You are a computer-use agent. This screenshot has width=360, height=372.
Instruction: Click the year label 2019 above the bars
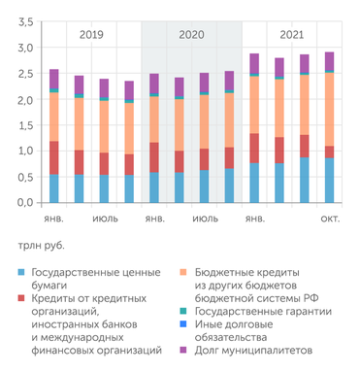click(92, 35)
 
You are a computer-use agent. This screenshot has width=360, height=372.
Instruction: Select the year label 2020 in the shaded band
click(192, 35)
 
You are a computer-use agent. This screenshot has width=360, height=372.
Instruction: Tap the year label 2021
click(292, 35)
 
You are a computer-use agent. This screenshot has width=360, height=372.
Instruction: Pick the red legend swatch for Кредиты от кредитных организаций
click(21, 299)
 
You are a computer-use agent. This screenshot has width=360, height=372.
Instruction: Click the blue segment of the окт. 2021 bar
click(330, 180)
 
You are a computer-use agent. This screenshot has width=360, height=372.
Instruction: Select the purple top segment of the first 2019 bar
click(54, 79)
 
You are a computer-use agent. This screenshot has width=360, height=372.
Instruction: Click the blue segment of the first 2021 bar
click(254, 183)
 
